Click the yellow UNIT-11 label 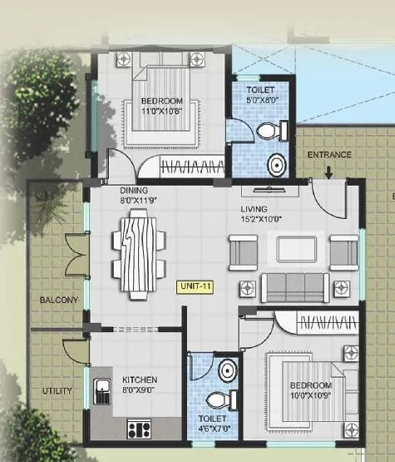(193, 286)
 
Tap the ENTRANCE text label (329, 155)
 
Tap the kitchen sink (105, 390)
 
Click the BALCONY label (57, 300)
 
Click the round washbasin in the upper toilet (276, 165)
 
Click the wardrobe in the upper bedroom (187, 167)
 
